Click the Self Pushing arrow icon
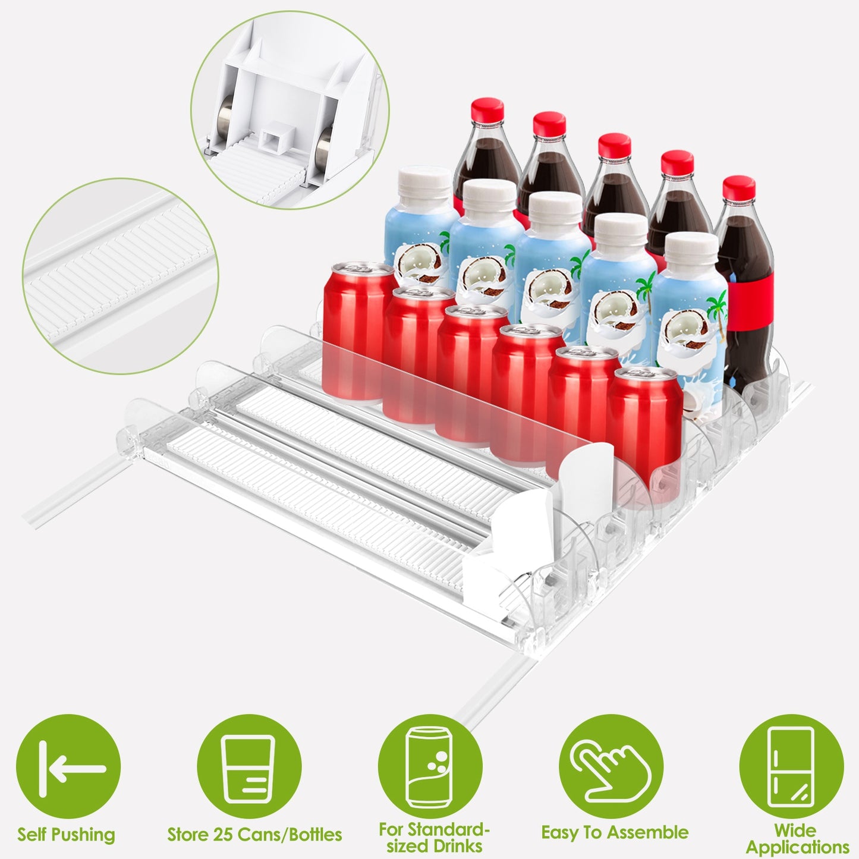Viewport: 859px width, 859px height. click(68, 767)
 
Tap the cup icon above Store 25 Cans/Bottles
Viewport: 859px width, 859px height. click(249, 767)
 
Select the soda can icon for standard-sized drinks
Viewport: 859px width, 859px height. click(430, 767)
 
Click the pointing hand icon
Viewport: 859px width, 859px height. click(611, 767)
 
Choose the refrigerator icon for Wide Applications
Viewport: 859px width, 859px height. click(791, 767)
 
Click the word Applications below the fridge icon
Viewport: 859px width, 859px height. click(797, 847)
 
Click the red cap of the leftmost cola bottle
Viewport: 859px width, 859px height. click(487, 110)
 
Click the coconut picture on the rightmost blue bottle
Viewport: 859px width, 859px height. click(687, 333)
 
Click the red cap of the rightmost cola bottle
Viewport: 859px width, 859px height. click(739, 188)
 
